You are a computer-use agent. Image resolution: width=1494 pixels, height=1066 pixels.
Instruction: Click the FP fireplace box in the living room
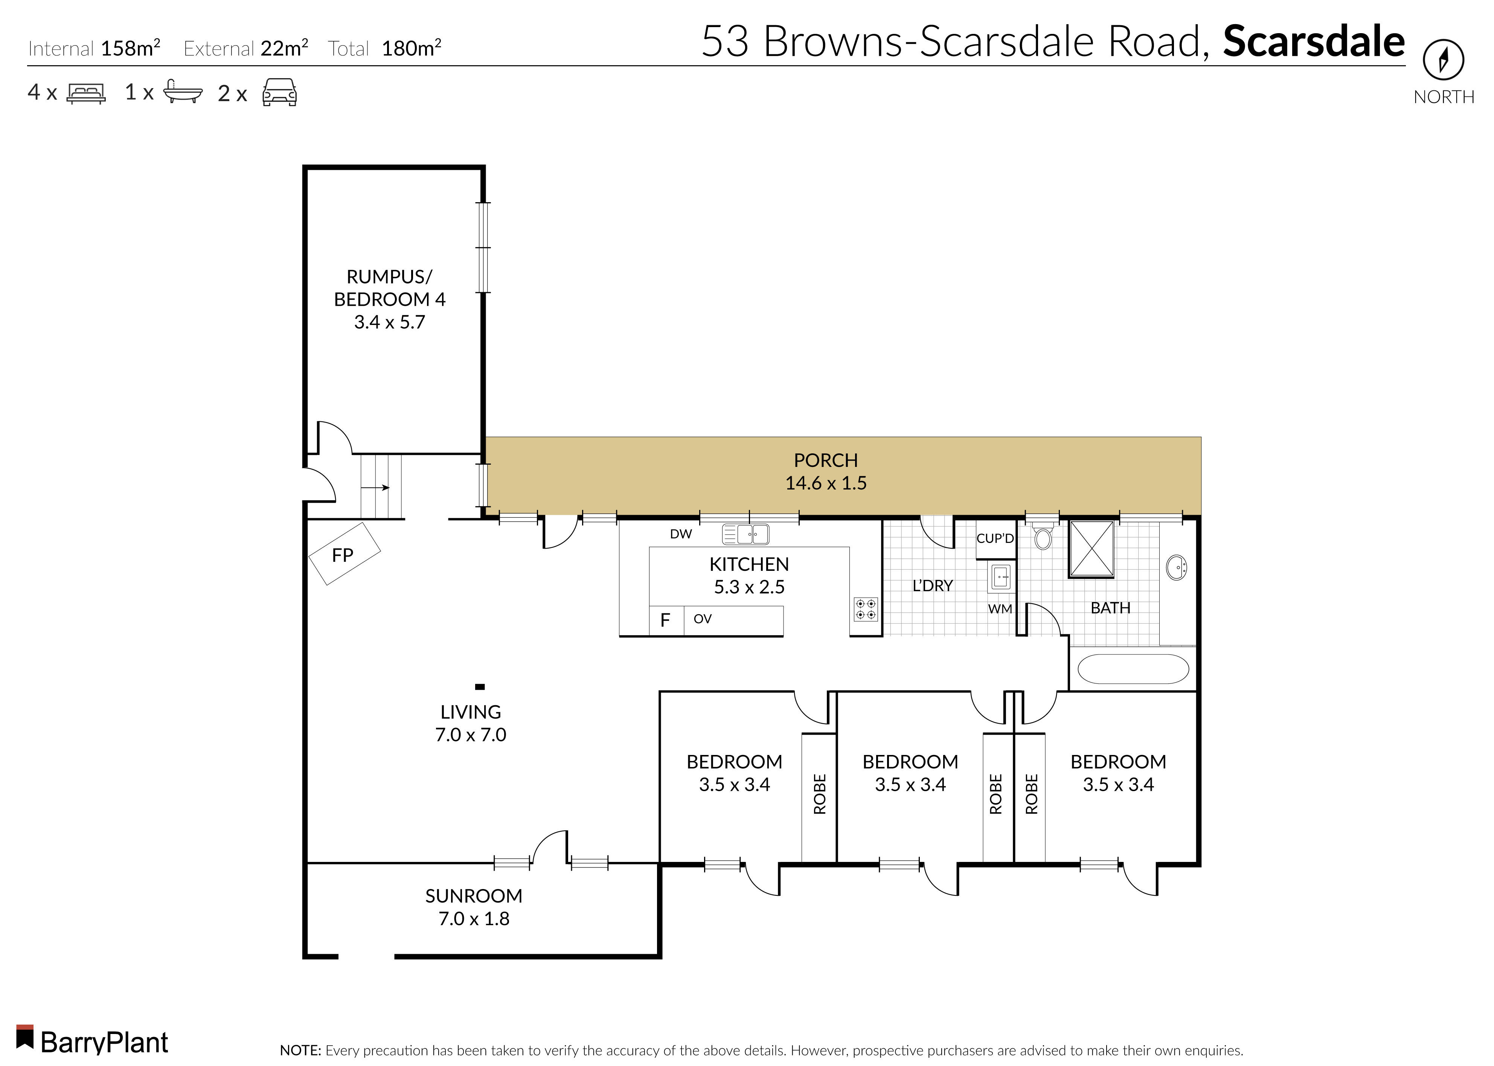tap(344, 554)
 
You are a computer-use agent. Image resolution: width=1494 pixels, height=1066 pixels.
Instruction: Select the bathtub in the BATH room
tap(1132, 669)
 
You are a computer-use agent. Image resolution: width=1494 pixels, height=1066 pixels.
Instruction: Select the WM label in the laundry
tap(1000, 609)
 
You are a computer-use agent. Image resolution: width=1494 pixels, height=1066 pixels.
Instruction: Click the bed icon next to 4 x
tap(86, 93)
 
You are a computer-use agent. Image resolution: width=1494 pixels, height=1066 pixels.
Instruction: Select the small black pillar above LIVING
tap(480, 686)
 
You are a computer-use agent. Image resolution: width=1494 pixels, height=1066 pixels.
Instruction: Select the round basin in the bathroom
tap(1176, 567)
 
